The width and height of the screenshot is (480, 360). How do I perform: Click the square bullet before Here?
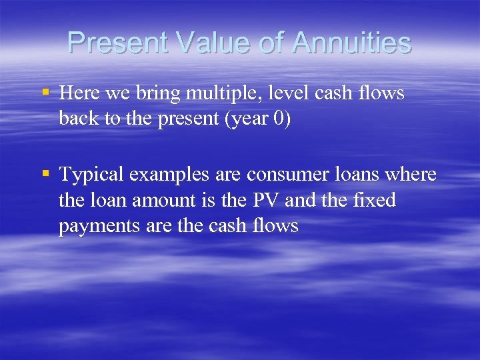point(45,93)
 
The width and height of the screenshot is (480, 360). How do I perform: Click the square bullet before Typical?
point(45,173)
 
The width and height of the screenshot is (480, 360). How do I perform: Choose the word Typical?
point(91,175)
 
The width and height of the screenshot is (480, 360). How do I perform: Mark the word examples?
point(169,175)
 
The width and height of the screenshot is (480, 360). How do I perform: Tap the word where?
point(412,175)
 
